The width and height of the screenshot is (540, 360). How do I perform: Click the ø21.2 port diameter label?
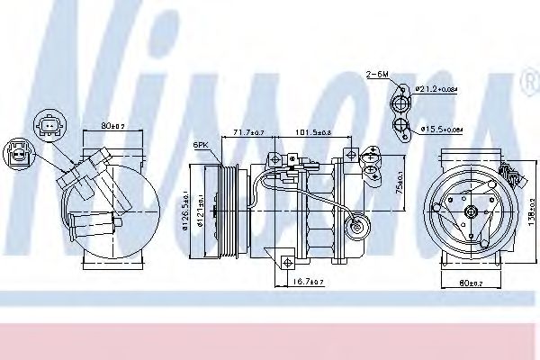click(436, 88)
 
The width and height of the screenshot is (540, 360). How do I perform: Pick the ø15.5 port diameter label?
click(442, 130)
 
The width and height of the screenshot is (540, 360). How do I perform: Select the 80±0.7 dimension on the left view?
click(113, 126)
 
